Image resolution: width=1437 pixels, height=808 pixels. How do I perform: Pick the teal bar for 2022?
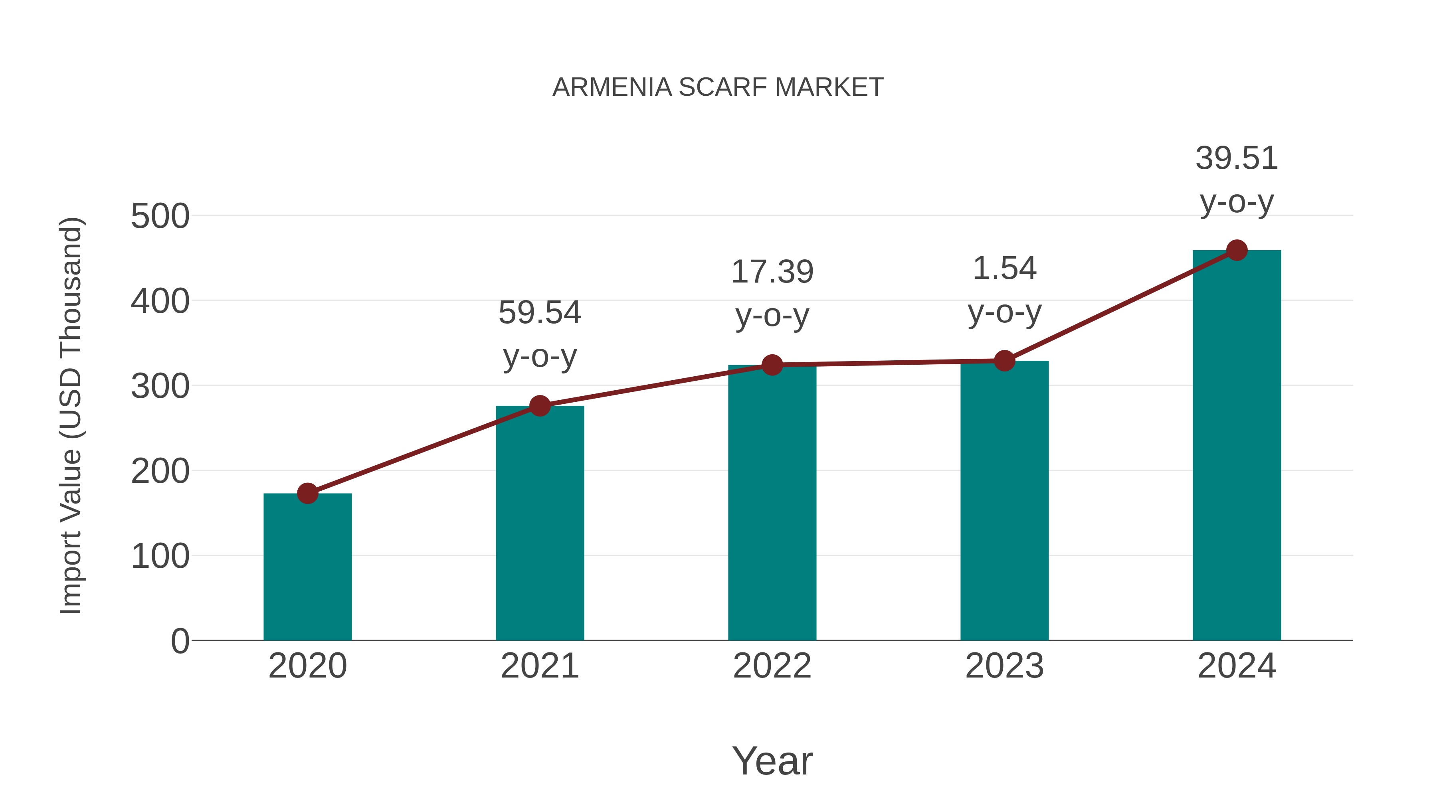tap(772, 502)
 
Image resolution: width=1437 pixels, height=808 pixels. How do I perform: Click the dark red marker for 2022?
tap(772, 365)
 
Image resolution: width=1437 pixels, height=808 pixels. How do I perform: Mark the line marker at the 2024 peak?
tap(1237, 250)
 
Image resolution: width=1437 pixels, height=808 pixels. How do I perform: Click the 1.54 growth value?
tap(1004, 269)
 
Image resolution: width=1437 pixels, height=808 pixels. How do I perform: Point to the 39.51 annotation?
tap(1236, 158)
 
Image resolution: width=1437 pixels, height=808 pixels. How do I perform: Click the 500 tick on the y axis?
tap(160, 216)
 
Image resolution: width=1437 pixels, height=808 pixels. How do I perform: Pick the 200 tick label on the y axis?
tap(160, 471)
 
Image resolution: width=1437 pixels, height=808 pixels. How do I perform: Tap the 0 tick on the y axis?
tap(180, 641)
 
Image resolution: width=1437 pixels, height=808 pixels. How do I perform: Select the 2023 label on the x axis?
tap(1004, 666)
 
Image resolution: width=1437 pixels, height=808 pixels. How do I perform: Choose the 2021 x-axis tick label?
tap(539, 666)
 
